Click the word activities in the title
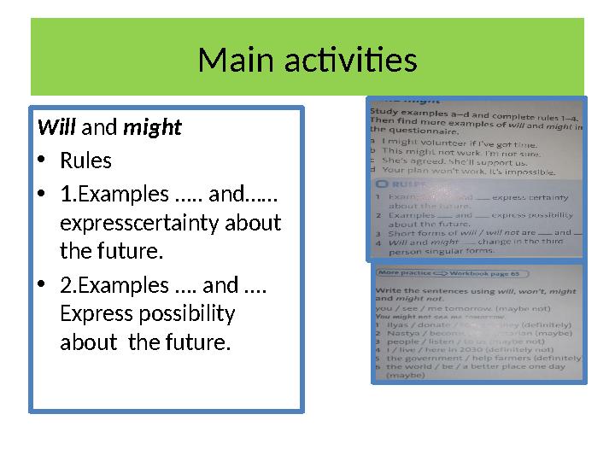coord(346,61)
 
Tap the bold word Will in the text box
coord(56,128)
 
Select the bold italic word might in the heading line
coord(153,128)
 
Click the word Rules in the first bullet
coord(85,160)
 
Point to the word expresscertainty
coord(171,223)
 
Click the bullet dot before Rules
coord(43,161)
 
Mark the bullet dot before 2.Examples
coord(43,285)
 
